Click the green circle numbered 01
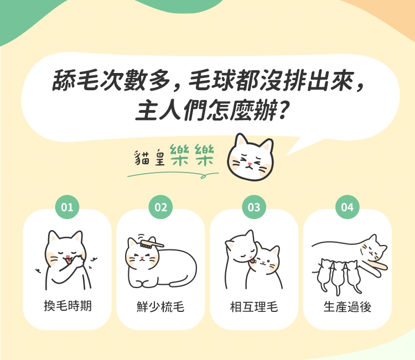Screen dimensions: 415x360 (x=67, y=207)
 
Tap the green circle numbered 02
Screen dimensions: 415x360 (x=160, y=207)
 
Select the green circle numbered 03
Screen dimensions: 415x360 (x=254, y=207)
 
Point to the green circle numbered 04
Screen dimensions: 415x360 (x=347, y=207)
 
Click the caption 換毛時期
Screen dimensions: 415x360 (x=68, y=306)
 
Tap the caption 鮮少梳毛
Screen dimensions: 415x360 (x=160, y=306)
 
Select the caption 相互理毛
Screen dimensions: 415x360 (x=254, y=306)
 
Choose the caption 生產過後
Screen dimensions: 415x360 (x=347, y=306)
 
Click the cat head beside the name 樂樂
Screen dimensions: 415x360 (x=250, y=157)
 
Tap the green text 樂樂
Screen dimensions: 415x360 (x=191, y=155)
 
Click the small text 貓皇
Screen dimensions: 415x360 (x=150, y=158)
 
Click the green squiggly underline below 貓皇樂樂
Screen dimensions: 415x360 (x=173, y=175)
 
